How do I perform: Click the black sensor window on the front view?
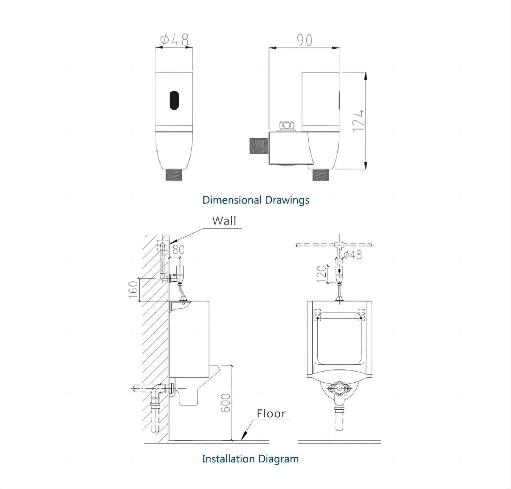pos(174,100)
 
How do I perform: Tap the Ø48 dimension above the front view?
pos(174,40)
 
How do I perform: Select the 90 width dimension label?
pos(304,40)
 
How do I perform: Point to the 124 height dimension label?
pos(359,121)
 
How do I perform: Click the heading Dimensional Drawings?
pos(255,200)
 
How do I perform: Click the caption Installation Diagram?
pos(250,459)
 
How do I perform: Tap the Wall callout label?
pos(224,221)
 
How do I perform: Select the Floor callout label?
pos(271,413)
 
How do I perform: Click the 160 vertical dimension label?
pos(134,289)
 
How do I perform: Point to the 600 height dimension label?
pos(226,403)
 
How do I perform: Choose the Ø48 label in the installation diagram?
pos(353,254)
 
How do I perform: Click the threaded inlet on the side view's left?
pos(259,146)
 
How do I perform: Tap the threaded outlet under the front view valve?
pos(174,175)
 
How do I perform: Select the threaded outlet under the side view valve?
pos(321,175)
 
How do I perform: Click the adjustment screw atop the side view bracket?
pos(286,126)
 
